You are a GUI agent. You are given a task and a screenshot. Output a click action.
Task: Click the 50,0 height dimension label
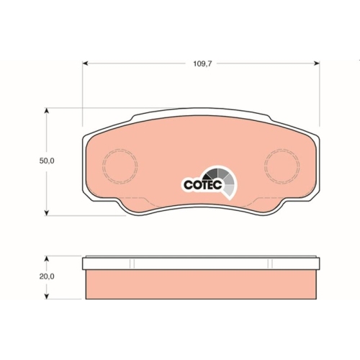[x=47, y=161]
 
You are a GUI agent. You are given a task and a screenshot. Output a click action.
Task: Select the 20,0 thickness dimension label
[x=47, y=276]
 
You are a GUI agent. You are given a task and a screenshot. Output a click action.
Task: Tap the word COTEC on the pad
[x=203, y=185]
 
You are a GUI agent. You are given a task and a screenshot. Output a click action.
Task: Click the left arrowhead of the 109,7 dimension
[x=86, y=63]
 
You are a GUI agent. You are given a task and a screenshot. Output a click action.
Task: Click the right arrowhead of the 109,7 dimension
[x=317, y=63]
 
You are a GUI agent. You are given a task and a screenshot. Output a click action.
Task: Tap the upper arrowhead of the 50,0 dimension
[x=47, y=111]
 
